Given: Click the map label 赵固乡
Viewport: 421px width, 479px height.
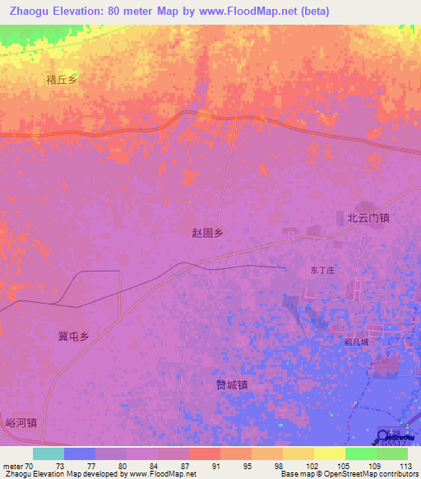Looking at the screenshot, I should click(x=207, y=233).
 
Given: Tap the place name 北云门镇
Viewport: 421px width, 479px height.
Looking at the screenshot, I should click(x=368, y=218).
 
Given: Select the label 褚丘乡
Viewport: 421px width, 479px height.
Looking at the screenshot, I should click(x=62, y=80).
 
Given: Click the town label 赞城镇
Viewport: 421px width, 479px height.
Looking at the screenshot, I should click(x=232, y=384).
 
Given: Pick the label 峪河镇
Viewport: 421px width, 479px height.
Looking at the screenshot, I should click(x=21, y=422).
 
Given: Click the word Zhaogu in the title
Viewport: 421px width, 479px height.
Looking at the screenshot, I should click(x=32, y=12).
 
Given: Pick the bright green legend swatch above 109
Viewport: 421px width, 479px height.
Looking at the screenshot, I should click(x=360, y=453).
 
